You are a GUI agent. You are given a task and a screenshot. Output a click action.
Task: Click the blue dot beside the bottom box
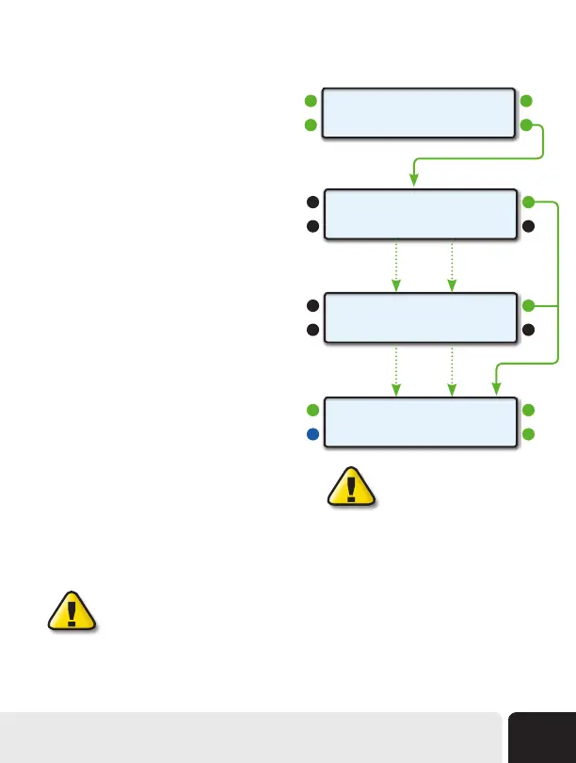coord(312,435)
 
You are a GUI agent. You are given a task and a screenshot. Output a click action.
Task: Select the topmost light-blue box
coord(420,113)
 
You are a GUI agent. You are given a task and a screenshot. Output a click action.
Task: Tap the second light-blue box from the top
coord(420,214)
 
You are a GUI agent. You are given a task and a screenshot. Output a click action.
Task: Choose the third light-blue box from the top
coord(420,317)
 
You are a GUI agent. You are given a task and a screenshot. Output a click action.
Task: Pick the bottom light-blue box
coord(420,422)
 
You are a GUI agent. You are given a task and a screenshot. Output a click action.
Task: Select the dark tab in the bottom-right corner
coord(542,737)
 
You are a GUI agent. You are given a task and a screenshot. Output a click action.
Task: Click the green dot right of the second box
coord(528,202)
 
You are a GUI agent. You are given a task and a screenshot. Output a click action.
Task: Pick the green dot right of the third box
coord(528,305)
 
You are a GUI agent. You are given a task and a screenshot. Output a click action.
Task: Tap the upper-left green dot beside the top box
coord(312,100)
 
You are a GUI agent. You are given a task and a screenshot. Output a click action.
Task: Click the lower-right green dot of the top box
coord(528,125)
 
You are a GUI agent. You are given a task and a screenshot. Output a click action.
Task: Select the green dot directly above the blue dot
coord(312,410)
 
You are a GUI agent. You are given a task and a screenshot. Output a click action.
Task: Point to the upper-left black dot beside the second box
coord(312,202)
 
